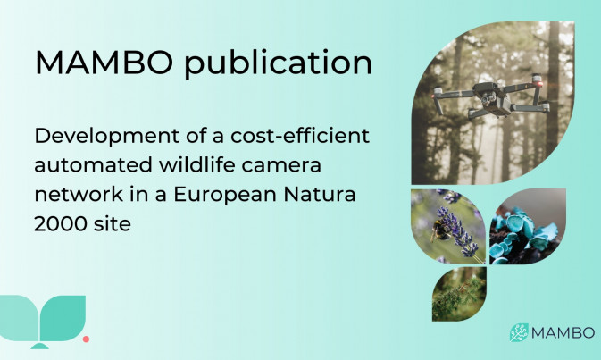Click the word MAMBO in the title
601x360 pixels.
tap(104, 62)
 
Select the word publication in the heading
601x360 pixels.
tap(279, 63)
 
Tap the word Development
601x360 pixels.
tap(107, 137)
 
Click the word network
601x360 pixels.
tap(79, 194)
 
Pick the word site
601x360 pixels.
tap(111, 223)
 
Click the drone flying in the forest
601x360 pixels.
tap(491, 96)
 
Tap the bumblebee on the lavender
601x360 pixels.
tap(438, 230)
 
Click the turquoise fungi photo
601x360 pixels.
tap(527, 226)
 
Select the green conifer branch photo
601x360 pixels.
tap(459, 294)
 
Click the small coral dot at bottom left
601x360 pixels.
tap(87, 339)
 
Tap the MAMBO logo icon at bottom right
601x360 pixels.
tap(519, 332)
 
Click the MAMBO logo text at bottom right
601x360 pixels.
tap(563, 333)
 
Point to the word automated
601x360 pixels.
tap(93, 165)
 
